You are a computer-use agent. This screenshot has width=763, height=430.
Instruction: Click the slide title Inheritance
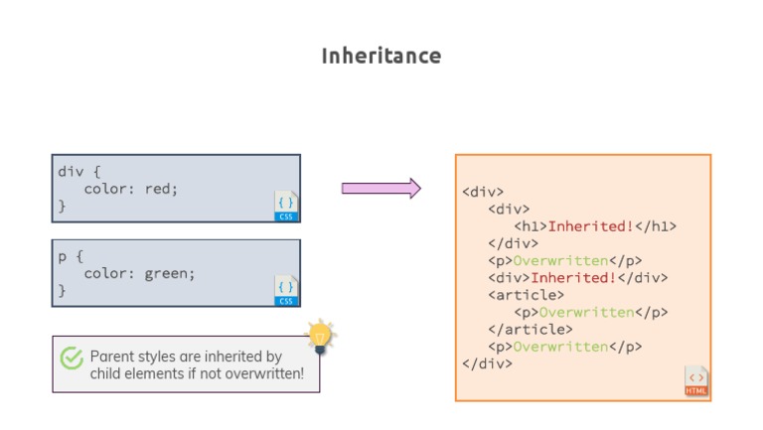point(381,56)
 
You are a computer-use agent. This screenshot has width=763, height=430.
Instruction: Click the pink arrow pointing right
point(381,189)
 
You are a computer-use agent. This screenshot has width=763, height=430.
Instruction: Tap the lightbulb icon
point(319,337)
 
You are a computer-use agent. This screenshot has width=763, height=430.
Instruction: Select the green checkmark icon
point(72,358)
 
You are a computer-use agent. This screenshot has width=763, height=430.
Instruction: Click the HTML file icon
point(696,381)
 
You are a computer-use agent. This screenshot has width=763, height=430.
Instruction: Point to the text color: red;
point(130,189)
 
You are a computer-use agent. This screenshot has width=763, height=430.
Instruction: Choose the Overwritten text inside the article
point(586,313)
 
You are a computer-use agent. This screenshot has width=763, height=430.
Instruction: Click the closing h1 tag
point(655,226)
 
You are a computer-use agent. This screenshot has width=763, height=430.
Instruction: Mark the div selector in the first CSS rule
point(70,170)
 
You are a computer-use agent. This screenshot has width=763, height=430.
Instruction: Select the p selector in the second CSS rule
point(62,255)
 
